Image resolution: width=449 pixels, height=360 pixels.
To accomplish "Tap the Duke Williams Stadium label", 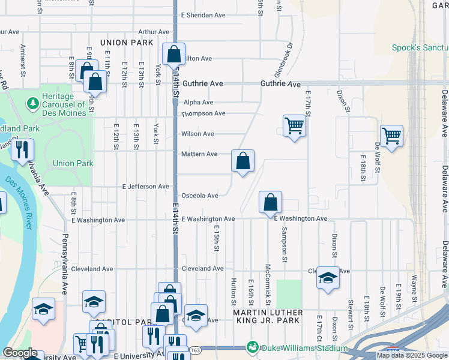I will (303, 348).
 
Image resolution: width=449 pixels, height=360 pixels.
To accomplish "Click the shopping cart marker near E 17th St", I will (294, 127).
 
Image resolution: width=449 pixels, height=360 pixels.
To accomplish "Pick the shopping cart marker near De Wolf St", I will (391, 137).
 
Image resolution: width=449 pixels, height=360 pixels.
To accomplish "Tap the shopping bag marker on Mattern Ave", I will (243, 161).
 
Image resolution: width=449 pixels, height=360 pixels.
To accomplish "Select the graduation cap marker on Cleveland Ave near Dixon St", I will (328, 278).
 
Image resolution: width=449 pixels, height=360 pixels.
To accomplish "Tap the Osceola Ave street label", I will (199, 196).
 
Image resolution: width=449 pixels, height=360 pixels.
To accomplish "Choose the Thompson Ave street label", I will (203, 113).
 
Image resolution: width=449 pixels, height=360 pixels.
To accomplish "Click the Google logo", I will (20, 353).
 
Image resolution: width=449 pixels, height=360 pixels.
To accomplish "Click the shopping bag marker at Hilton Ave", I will (173, 55).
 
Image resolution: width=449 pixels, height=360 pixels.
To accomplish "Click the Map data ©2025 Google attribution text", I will (412, 355).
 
